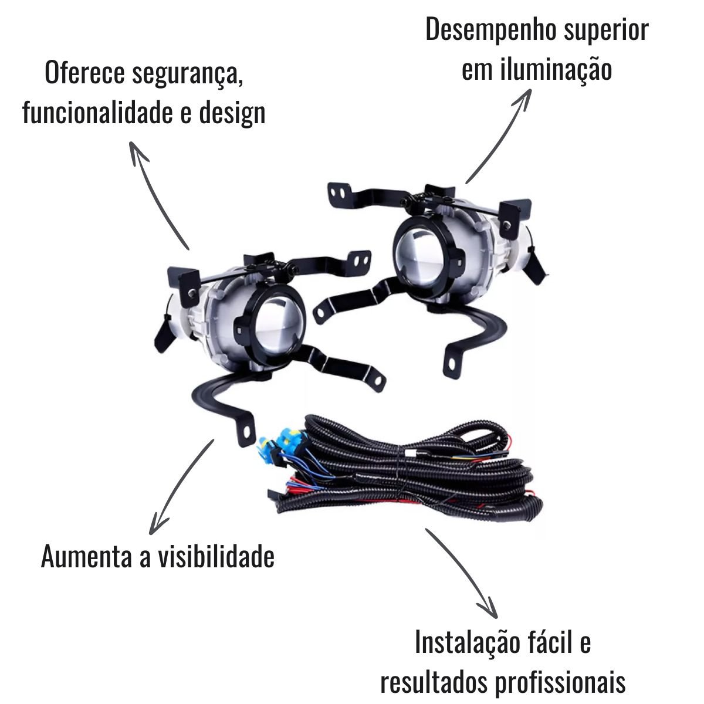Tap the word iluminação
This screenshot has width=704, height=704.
click(556, 71)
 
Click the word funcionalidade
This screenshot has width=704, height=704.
click(97, 113)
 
